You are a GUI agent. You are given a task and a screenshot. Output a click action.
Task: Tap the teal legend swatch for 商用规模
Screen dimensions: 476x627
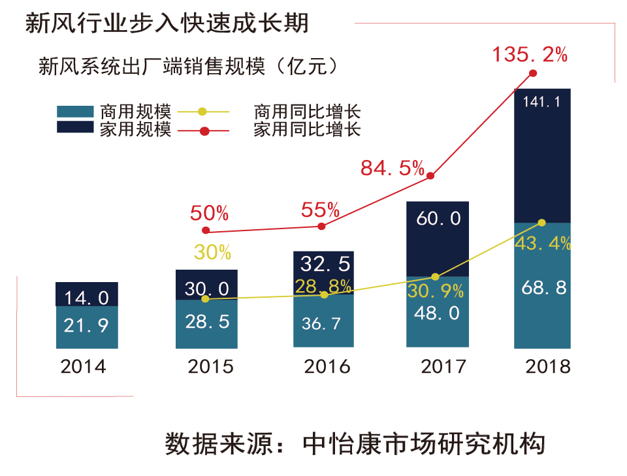click(x=75, y=112)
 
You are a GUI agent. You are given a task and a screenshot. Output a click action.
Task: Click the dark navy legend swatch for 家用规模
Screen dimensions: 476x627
click(x=75, y=127)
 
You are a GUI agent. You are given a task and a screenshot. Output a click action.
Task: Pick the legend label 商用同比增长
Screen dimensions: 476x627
click(x=307, y=112)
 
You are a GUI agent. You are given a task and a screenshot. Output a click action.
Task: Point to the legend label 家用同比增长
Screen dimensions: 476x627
click(x=307, y=129)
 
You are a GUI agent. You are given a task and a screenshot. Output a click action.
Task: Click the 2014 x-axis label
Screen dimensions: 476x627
click(x=83, y=366)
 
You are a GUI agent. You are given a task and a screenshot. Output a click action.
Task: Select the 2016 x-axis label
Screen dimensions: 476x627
click(x=327, y=366)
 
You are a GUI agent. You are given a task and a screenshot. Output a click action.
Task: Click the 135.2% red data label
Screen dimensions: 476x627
click(x=530, y=55)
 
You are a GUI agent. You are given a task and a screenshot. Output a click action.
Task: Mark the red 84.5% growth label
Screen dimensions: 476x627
click(x=393, y=168)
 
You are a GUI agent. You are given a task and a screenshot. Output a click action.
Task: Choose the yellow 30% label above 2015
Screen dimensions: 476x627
click(x=212, y=253)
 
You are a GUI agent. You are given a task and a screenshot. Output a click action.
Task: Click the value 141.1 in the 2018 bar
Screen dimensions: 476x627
click(x=542, y=102)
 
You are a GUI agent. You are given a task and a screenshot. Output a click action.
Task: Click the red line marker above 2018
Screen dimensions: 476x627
click(x=532, y=73)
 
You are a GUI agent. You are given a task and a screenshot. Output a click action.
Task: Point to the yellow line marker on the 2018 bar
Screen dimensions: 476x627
click(x=541, y=223)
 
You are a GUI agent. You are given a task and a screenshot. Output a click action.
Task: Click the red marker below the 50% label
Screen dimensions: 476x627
click(x=206, y=230)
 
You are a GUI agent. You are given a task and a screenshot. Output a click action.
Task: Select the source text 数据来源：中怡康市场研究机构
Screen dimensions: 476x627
click(x=355, y=445)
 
